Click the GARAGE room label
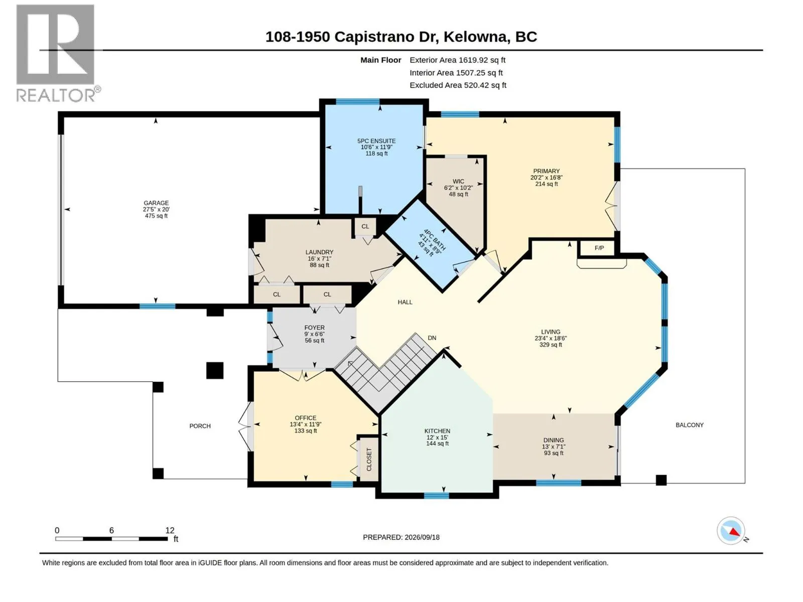156,203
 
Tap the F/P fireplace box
599,248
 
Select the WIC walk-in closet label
458,181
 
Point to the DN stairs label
432,338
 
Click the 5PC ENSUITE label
376,141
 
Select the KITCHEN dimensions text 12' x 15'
437,437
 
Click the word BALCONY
690,425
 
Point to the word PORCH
200,426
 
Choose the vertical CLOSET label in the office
369,460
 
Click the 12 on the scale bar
170,530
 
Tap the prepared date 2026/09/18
422,537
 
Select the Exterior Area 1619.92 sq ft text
457,60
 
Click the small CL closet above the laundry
365,227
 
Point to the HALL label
405,303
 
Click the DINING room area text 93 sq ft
554,453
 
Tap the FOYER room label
314,328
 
